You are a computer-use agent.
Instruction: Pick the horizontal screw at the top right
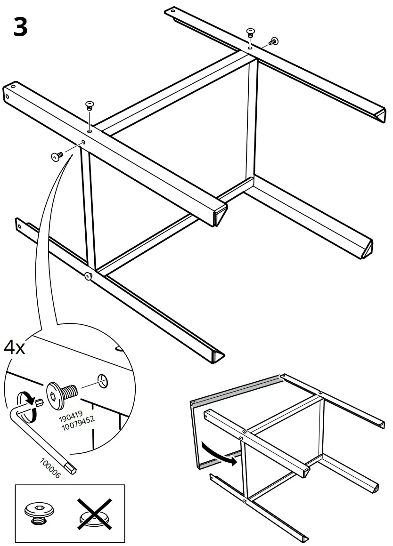(272, 42)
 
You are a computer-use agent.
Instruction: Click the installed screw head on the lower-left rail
(88, 277)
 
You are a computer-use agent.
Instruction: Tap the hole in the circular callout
(103, 381)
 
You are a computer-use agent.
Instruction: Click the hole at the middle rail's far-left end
(14, 88)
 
